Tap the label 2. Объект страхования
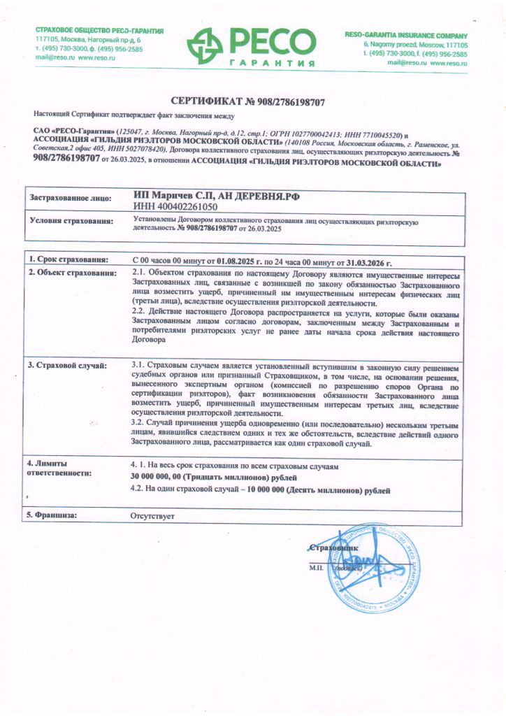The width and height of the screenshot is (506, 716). coord(71,273)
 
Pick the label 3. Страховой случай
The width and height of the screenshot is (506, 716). coord(67,365)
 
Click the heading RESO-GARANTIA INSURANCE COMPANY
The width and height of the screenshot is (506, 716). coord(406,35)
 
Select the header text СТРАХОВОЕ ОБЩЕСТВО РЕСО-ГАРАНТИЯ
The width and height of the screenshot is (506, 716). coord(99,31)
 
